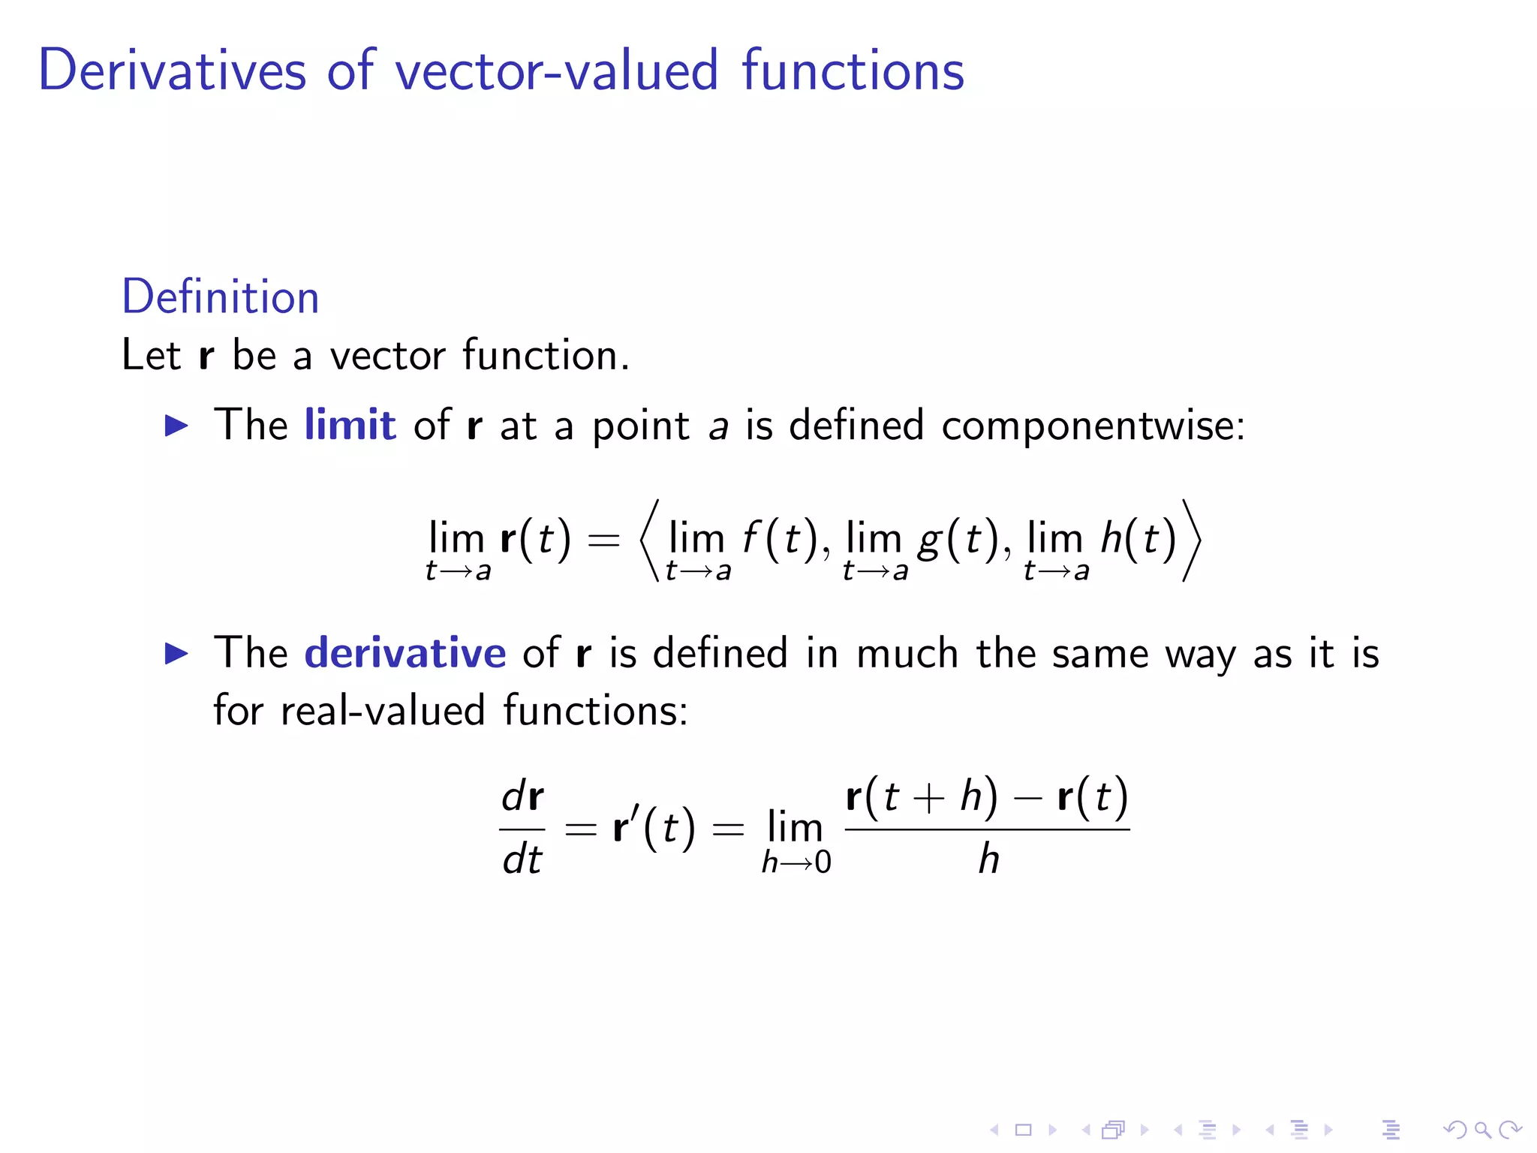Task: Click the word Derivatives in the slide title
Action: [172, 70]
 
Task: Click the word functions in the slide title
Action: [853, 70]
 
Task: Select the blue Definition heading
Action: [221, 297]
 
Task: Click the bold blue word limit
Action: [350, 425]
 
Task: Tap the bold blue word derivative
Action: [405, 652]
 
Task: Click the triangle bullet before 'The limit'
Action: [176, 426]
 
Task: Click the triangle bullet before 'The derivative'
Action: [176, 654]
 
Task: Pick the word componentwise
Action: [1092, 426]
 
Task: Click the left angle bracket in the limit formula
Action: [649, 540]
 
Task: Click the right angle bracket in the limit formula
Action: [1192, 540]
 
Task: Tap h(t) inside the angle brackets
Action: [1138, 539]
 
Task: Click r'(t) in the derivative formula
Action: [654, 828]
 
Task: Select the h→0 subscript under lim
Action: [796, 862]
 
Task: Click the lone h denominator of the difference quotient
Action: [988, 859]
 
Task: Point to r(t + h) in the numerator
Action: [922, 796]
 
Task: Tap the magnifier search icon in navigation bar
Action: [1482, 1129]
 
